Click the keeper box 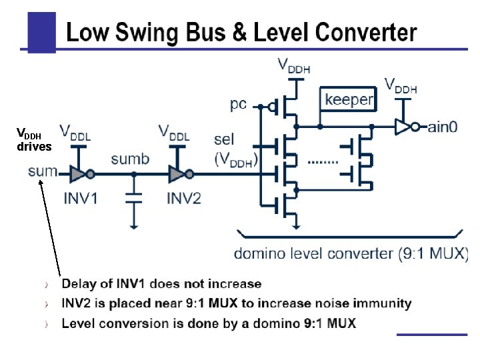tap(349, 100)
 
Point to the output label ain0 tap(442, 126)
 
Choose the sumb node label tap(130, 159)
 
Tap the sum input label tap(43, 171)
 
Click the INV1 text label tap(80, 198)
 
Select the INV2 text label tap(183, 198)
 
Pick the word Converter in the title tap(366, 32)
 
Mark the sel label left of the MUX tap(224, 140)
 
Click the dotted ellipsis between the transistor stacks tap(324, 162)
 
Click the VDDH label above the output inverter tap(401, 85)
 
